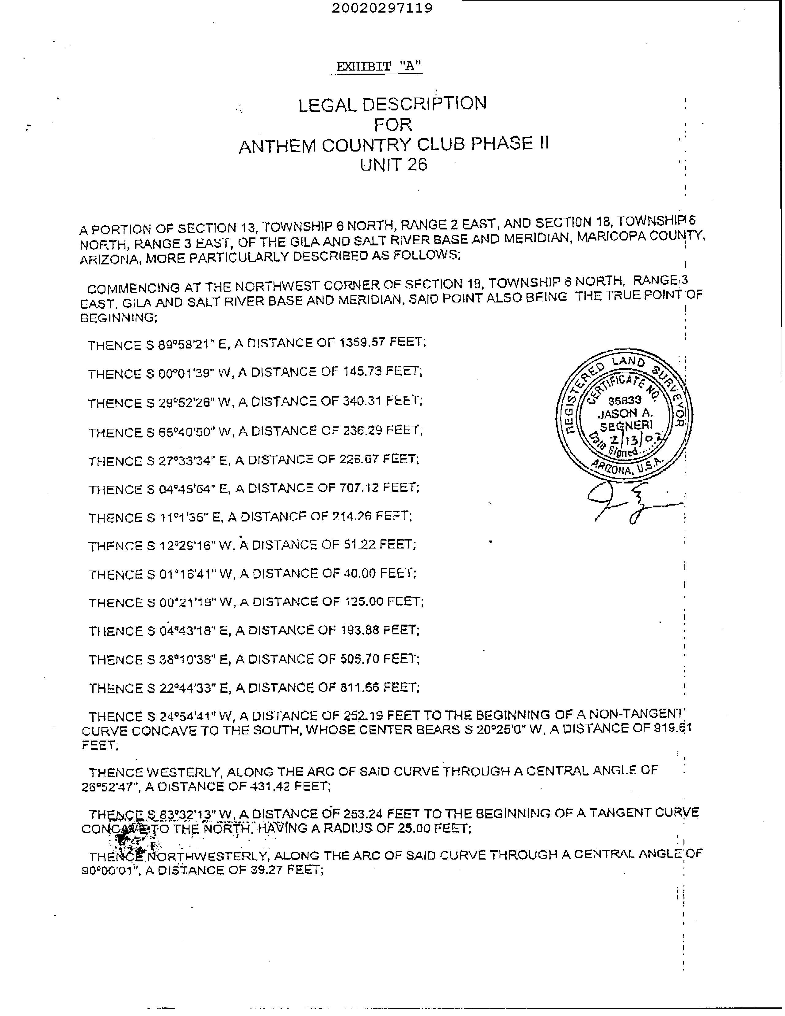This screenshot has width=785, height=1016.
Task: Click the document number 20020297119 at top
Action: (382, 8)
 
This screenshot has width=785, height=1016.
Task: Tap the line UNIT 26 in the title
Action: (393, 165)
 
